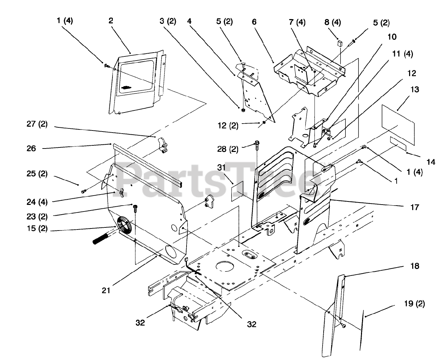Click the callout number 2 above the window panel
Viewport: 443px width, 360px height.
point(111,21)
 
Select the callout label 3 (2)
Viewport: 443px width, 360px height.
point(168,21)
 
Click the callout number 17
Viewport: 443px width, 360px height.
point(415,207)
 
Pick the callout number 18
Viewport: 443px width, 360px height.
point(415,266)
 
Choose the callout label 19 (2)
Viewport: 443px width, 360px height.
point(414,304)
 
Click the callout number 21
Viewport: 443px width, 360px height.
point(106,290)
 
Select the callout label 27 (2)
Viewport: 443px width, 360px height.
point(36,124)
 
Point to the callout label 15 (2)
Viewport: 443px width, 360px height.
point(39,229)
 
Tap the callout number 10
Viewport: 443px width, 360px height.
point(383,37)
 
